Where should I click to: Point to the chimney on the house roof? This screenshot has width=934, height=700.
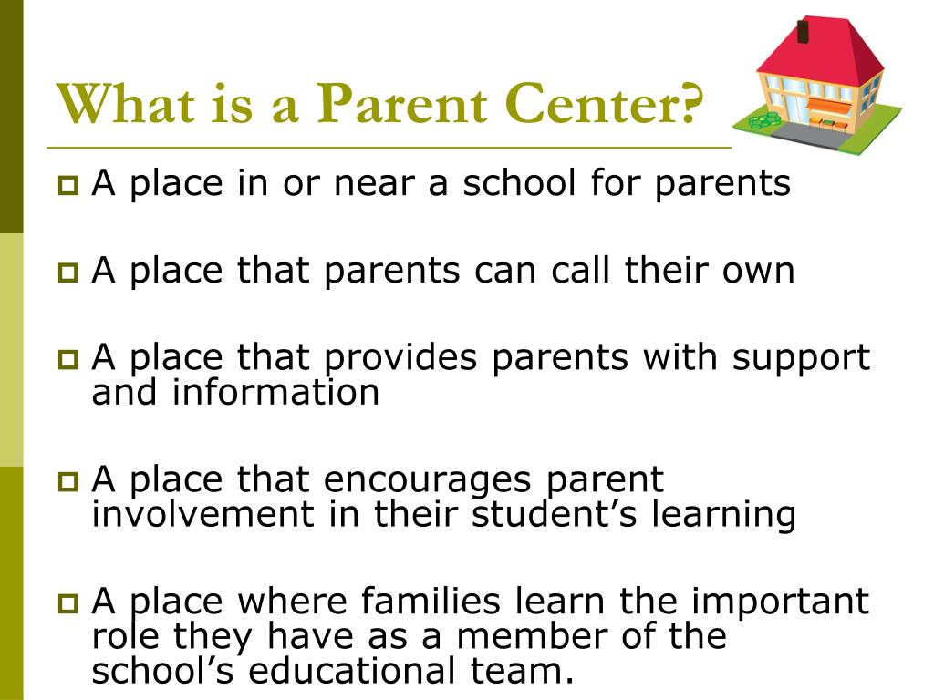tap(804, 30)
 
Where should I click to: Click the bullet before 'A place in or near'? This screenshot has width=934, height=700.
tap(68, 187)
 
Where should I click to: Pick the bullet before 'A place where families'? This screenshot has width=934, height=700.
tap(68, 603)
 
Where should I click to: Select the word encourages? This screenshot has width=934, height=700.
tap(425, 479)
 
